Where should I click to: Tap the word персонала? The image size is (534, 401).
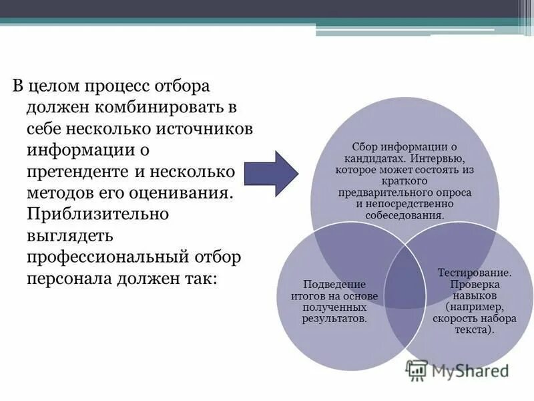point(65,279)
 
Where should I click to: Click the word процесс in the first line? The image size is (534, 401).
point(117,86)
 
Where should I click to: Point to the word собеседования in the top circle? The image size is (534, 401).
point(405,216)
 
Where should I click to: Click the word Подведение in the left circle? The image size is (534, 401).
point(330,285)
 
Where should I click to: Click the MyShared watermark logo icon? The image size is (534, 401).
point(417,370)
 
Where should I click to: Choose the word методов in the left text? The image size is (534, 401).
point(59,193)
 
